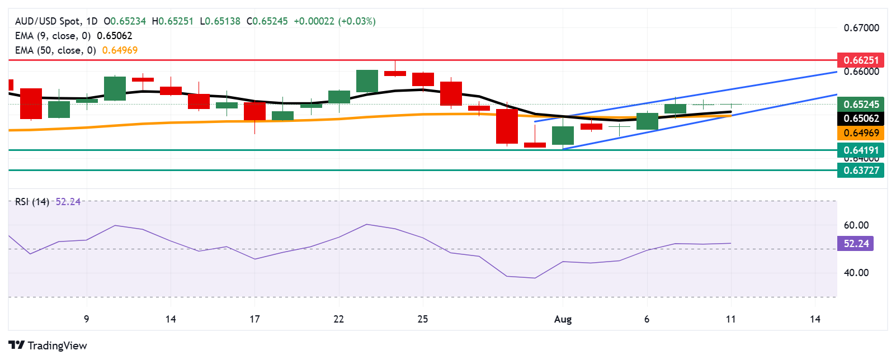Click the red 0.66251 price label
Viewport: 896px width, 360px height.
(860, 60)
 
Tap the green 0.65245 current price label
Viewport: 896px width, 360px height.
(860, 104)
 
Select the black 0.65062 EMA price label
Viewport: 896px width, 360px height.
(860, 118)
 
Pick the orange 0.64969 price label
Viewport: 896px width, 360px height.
(860, 133)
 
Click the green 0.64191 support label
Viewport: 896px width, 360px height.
(860, 150)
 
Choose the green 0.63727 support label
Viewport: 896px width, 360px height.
(860, 170)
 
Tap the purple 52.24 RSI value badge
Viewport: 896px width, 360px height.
(855, 243)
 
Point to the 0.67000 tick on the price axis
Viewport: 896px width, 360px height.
(861, 28)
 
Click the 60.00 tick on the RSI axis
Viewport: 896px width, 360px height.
(856, 225)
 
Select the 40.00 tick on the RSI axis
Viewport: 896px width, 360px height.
(856, 273)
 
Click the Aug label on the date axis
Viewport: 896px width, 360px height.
(563, 319)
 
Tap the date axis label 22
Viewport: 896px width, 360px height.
(338, 319)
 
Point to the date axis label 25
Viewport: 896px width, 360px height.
(423, 319)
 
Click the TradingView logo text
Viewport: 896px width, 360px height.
(56, 345)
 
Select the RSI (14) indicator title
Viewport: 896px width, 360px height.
(32, 202)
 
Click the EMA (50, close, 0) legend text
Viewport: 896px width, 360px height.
(55, 50)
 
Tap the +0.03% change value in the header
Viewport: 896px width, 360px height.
(356, 21)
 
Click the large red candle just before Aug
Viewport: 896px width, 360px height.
(507, 126)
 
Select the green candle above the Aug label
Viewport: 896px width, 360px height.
(563, 135)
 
